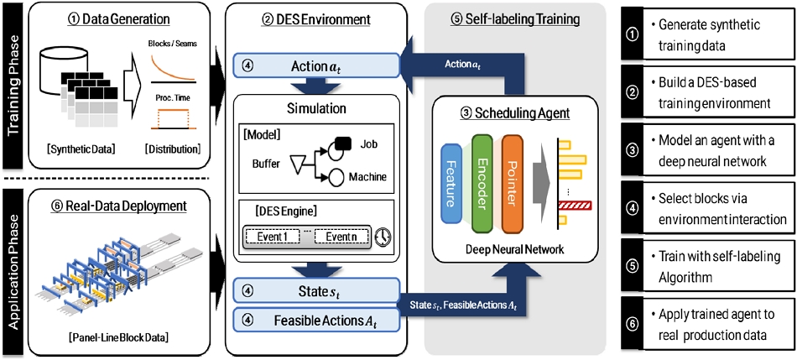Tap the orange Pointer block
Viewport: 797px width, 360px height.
(512, 172)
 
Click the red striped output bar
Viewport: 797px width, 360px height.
(575, 206)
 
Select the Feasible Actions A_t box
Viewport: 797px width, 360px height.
(316, 321)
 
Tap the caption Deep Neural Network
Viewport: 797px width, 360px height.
(514, 250)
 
